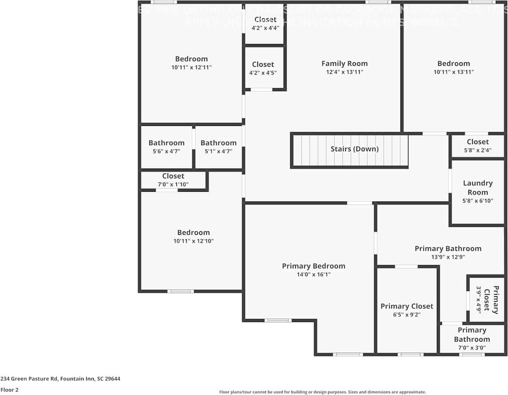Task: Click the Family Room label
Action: point(344,64)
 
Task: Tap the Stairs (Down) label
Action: point(354,149)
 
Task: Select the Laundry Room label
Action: point(478,188)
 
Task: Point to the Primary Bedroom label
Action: point(313,266)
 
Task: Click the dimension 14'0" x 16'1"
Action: point(313,274)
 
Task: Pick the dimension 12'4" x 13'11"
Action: point(344,72)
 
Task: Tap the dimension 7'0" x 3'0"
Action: point(472,348)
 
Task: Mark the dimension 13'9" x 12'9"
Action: point(448,257)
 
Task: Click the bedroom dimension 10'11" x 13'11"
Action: point(453,72)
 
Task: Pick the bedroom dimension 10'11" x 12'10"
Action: point(193,241)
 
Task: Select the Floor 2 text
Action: point(9,390)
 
